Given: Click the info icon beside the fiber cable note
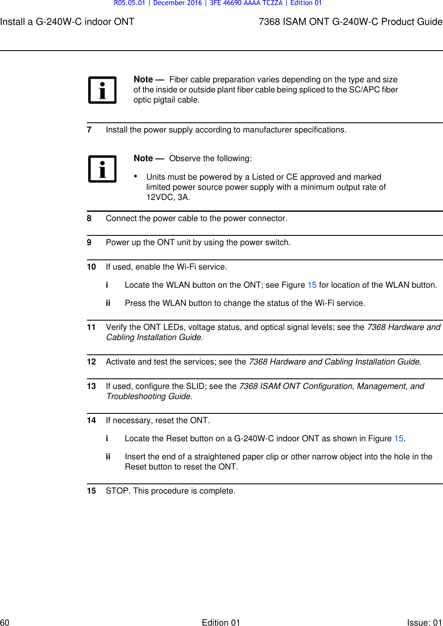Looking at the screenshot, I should click(102, 90).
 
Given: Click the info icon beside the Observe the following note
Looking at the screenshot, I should click(102, 169).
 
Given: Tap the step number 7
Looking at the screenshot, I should click(89, 130).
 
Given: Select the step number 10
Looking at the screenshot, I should click(91, 267).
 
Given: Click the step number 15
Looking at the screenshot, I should click(91, 491).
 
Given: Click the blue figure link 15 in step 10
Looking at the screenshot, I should click(312, 285).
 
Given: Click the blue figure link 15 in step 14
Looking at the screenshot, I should click(399, 439).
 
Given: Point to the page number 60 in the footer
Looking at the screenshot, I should click(5, 622).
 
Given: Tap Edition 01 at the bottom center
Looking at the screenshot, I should click(221, 622).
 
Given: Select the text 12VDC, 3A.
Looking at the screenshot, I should click(168, 197).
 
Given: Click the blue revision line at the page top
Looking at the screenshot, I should click(218, 3).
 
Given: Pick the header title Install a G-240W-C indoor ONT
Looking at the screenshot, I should click(67, 22).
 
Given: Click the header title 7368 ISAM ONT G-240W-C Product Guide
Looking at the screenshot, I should click(350, 22).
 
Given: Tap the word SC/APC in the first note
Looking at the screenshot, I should click(364, 90).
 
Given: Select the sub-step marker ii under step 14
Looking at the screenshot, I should click(108, 457).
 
